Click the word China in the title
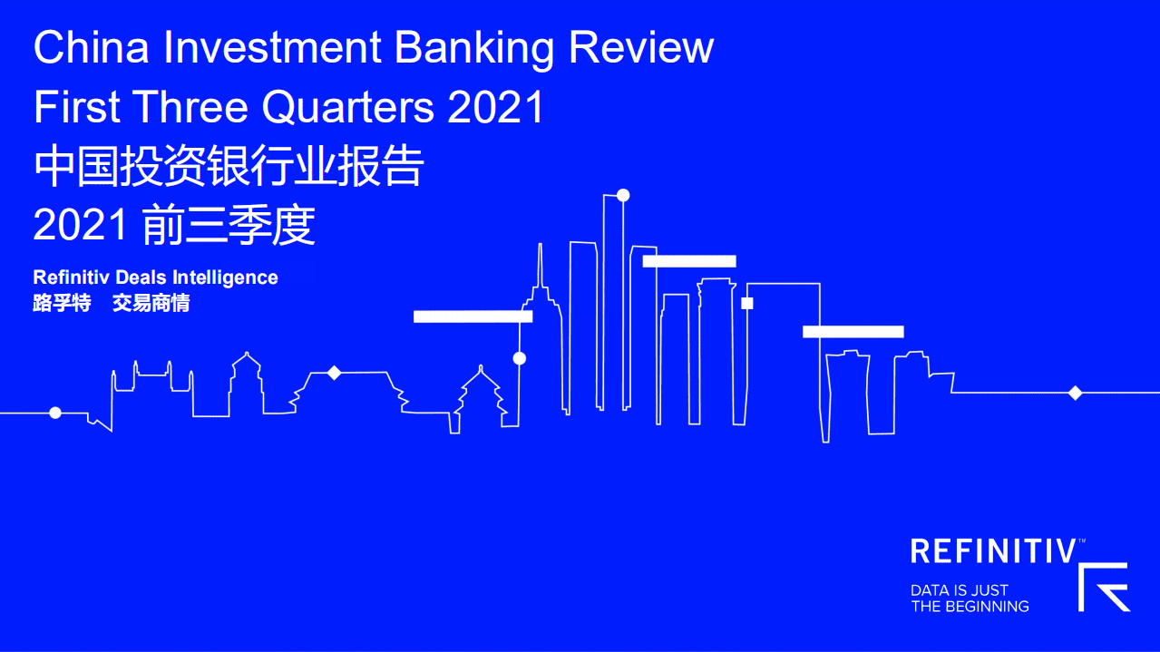pos(91,49)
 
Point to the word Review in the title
pos(641,49)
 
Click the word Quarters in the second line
pos(348,108)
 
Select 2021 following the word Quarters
pos(496,108)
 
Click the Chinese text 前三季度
pos(229,226)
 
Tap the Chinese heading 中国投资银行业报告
pos(229,167)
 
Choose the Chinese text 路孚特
pos(62,304)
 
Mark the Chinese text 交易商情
pos(151,304)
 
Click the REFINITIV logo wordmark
pos(994,551)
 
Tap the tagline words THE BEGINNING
pos(970,606)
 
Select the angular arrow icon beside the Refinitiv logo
pos(1105,587)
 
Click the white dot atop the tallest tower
pos(623,195)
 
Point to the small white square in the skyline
pos(747,303)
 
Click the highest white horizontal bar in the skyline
pos(689,261)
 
